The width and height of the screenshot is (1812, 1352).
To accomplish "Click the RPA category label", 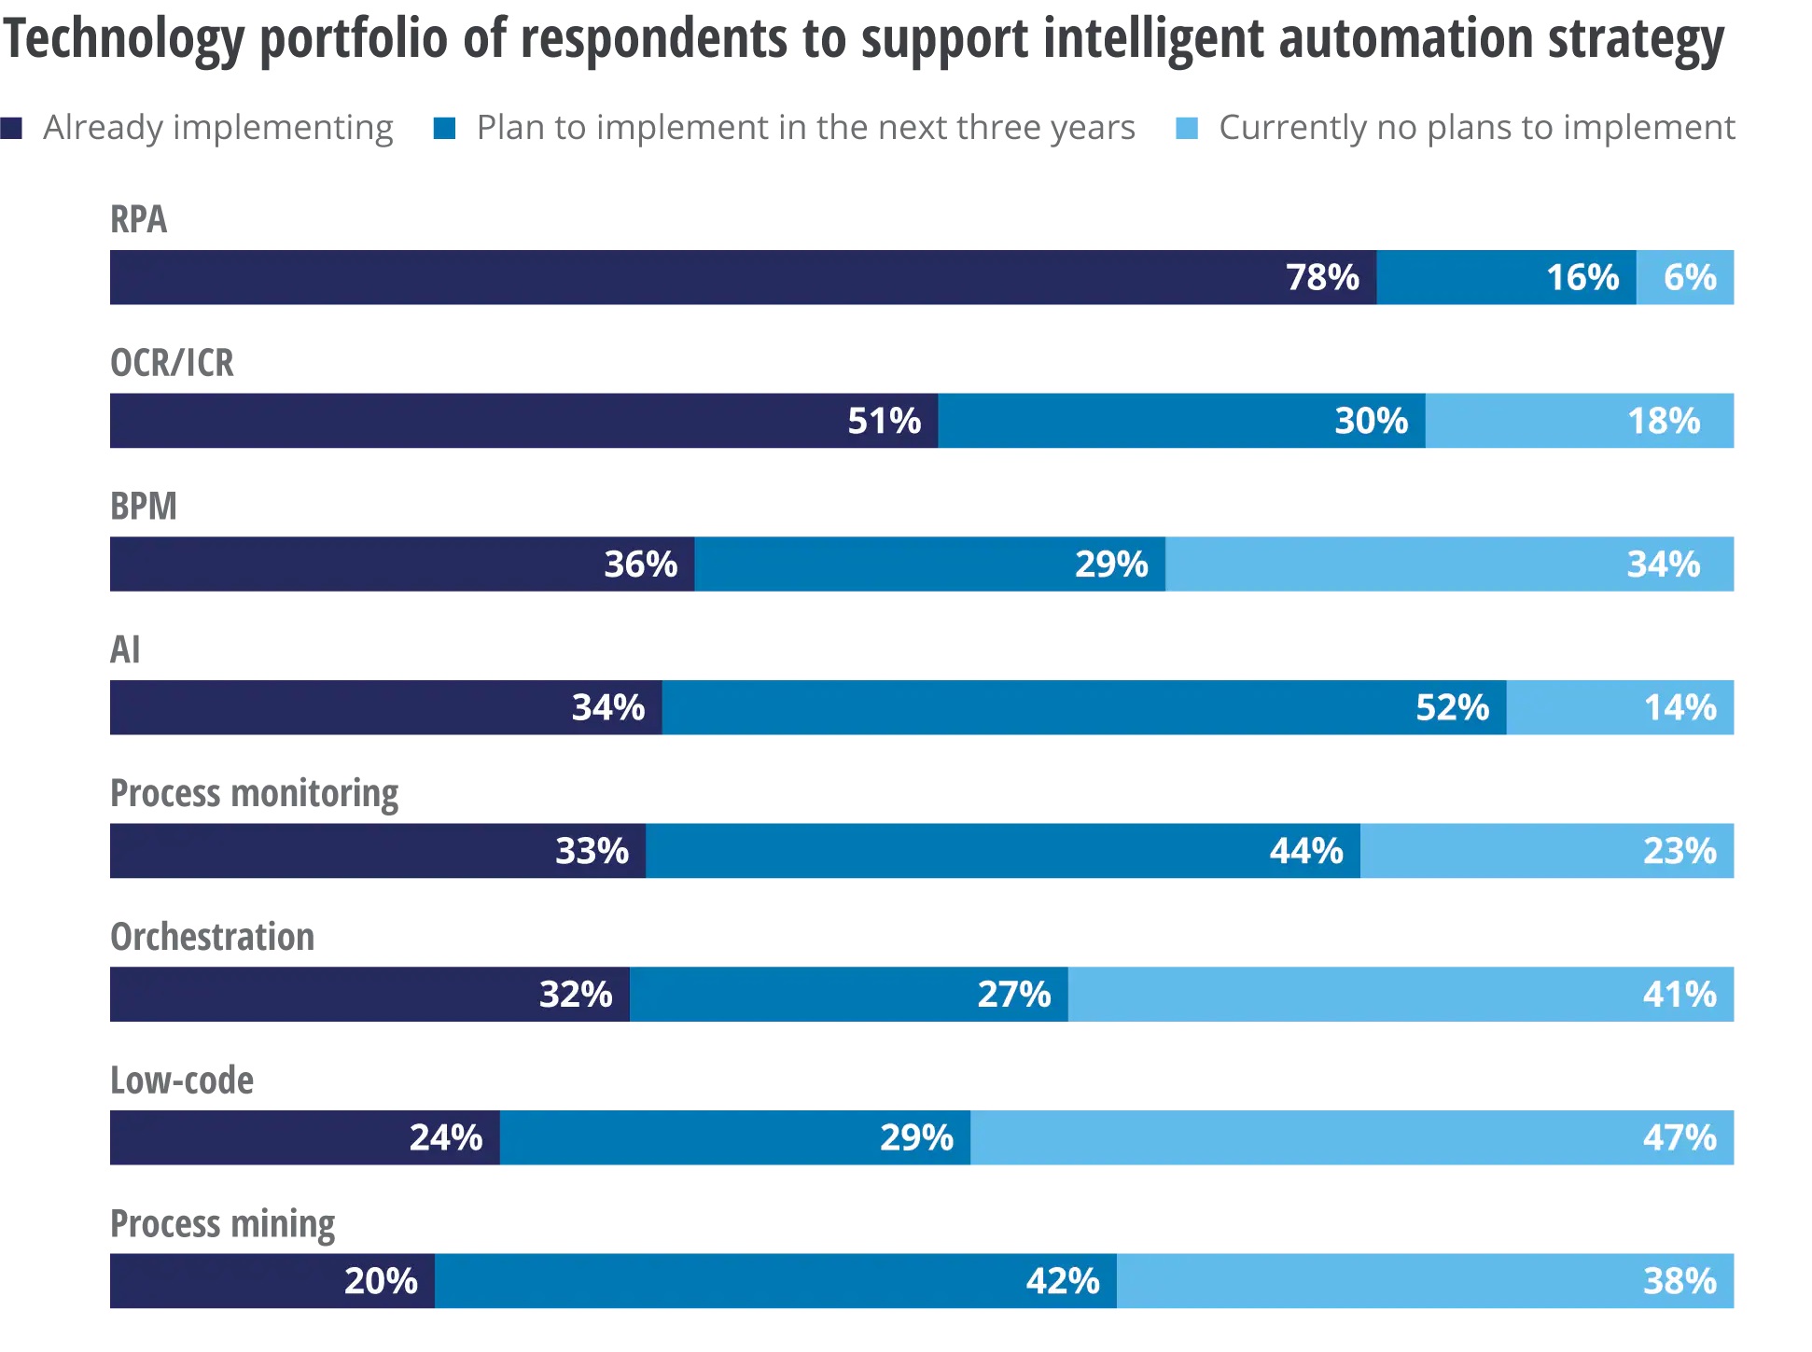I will pos(138,220).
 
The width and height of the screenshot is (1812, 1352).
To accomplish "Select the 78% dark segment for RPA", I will pos(743,277).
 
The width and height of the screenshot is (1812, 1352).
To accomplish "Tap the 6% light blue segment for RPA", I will pos(1685,277).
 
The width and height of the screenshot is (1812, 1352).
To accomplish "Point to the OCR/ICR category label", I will pos(172,363).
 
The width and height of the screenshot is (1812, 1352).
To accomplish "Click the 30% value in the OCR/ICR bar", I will pos(1371,421).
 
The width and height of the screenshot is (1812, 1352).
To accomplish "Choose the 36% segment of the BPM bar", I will pos(402,564).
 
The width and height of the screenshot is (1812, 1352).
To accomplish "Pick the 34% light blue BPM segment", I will pos(1449,564).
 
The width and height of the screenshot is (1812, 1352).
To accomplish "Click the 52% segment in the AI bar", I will pos(1084,707).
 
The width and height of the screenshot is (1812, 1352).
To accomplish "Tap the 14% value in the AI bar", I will pos(1680,707).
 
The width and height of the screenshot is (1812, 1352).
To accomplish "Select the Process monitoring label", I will pos(254,793).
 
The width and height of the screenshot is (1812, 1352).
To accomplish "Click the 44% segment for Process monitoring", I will pos(1003,851).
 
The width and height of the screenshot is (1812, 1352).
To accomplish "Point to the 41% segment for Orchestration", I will pos(1401,995).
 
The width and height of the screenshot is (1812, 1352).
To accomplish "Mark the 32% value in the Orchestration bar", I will pos(576,995).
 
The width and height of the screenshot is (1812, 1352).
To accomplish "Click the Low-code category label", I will pos(182,1080).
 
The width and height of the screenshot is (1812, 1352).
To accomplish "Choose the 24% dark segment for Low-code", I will pos(305,1137).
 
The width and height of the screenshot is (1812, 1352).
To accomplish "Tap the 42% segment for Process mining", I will pos(775,1281).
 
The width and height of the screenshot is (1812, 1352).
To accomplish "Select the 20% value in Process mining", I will pos(381,1281).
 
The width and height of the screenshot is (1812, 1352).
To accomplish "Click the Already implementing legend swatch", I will pos(11,128).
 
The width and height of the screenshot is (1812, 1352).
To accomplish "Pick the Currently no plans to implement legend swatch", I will pos(1187,128).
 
